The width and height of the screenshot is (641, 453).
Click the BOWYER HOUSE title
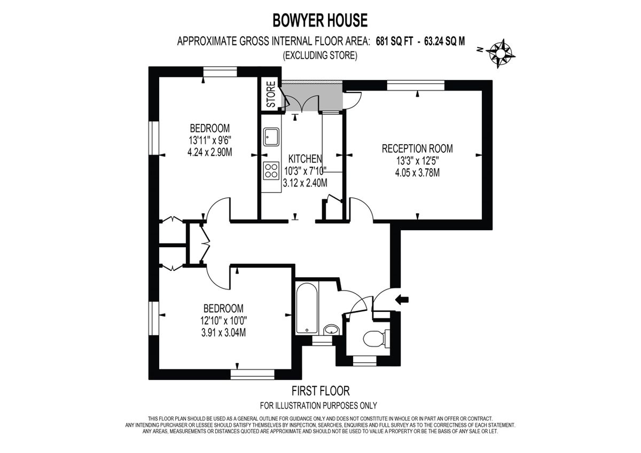(x=320, y=20)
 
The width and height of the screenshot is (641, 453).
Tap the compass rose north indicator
(x=501, y=52)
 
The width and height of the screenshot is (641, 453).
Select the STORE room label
(x=271, y=95)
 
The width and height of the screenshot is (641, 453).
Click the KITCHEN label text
(x=305, y=159)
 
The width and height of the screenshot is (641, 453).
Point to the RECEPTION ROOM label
(x=417, y=149)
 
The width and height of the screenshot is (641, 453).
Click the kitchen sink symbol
(x=271, y=137)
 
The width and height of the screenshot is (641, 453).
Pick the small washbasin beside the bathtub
(x=332, y=329)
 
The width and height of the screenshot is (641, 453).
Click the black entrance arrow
(x=401, y=300)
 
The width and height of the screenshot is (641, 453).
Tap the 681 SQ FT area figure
(x=393, y=42)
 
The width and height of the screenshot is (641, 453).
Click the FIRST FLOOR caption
(x=320, y=391)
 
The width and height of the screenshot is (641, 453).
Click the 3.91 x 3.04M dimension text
(x=223, y=332)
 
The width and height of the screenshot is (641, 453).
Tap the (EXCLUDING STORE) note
(x=320, y=55)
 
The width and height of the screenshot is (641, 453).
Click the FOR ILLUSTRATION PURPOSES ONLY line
(x=318, y=405)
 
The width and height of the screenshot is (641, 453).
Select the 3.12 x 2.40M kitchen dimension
(x=305, y=183)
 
